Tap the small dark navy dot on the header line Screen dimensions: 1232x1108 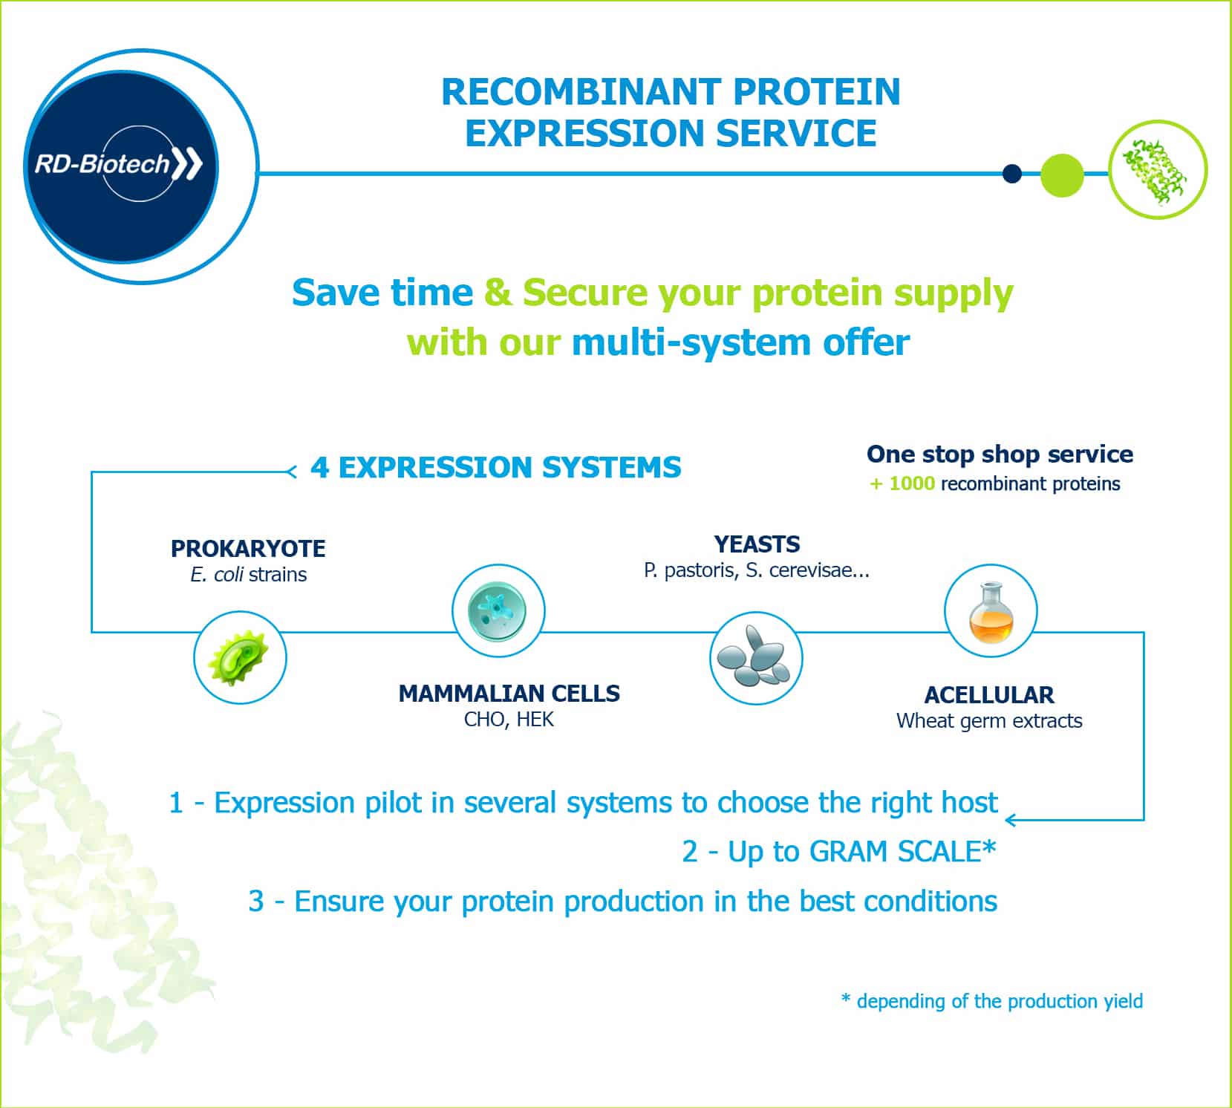tap(1011, 174)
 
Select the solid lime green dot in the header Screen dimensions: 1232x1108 tap(1062, 175)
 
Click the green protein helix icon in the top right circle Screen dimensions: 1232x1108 tap(1156, 170)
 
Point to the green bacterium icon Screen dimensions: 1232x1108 tap(239, 658)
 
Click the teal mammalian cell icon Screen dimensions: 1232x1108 tap(498, 610)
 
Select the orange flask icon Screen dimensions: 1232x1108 tap(991, 612)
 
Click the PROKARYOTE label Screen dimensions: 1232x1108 tap(248, 549)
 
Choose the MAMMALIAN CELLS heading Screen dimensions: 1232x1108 tap(509, 694)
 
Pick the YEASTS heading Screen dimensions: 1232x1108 tap(757, 544)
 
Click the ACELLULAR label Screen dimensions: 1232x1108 tap(989, 695)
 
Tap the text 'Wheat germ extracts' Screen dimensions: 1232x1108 tap(989, 721)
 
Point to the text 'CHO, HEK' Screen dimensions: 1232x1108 tap(509, 720)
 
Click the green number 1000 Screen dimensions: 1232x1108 tap(912, 483)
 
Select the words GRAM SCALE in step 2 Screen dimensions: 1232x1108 tap(895, 852)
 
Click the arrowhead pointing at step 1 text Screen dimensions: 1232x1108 tap(1010, 820)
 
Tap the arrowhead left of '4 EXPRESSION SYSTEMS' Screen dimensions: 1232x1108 tap(292, 471)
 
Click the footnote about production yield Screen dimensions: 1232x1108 tap(992, 1001)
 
